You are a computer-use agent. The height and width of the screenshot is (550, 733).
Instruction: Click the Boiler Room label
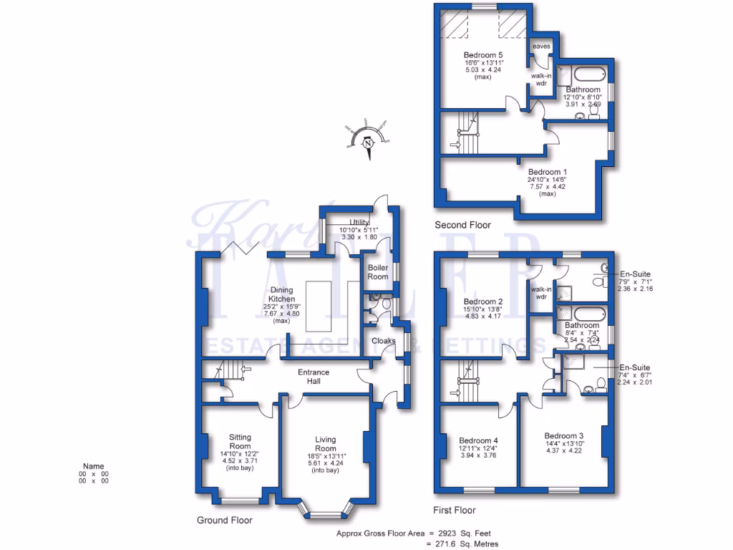377,272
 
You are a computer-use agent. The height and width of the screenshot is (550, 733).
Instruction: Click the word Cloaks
383,341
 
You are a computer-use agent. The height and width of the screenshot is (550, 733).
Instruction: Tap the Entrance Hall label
314,377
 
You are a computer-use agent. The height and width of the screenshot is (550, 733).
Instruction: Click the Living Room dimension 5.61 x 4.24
325,462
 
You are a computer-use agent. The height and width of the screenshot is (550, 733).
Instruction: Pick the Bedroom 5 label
483,55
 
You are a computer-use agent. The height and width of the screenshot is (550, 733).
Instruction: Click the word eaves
541,47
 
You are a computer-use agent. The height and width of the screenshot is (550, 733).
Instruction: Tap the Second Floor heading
463,225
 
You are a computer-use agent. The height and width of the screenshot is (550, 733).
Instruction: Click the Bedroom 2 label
483,301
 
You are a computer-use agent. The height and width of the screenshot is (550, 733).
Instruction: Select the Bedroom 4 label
478,440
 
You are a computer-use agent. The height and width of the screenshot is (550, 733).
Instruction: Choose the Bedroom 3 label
564,435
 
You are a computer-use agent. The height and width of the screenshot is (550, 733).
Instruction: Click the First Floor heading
455,511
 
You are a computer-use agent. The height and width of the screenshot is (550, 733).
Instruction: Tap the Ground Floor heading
225,521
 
